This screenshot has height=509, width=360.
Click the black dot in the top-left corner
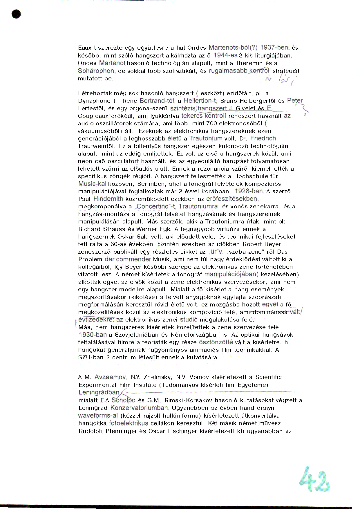(17, 14)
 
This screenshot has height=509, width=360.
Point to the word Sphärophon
(96, 71)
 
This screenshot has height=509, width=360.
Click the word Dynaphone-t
(97, 101)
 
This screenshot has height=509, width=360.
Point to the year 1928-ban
(249, 191)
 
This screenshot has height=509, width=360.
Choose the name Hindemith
(108, 199)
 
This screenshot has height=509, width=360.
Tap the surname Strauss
(114, 229)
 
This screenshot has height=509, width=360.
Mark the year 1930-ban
(93, 335)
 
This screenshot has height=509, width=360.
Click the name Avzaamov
(110, 377)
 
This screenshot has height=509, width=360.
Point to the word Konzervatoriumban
(139, 408)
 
